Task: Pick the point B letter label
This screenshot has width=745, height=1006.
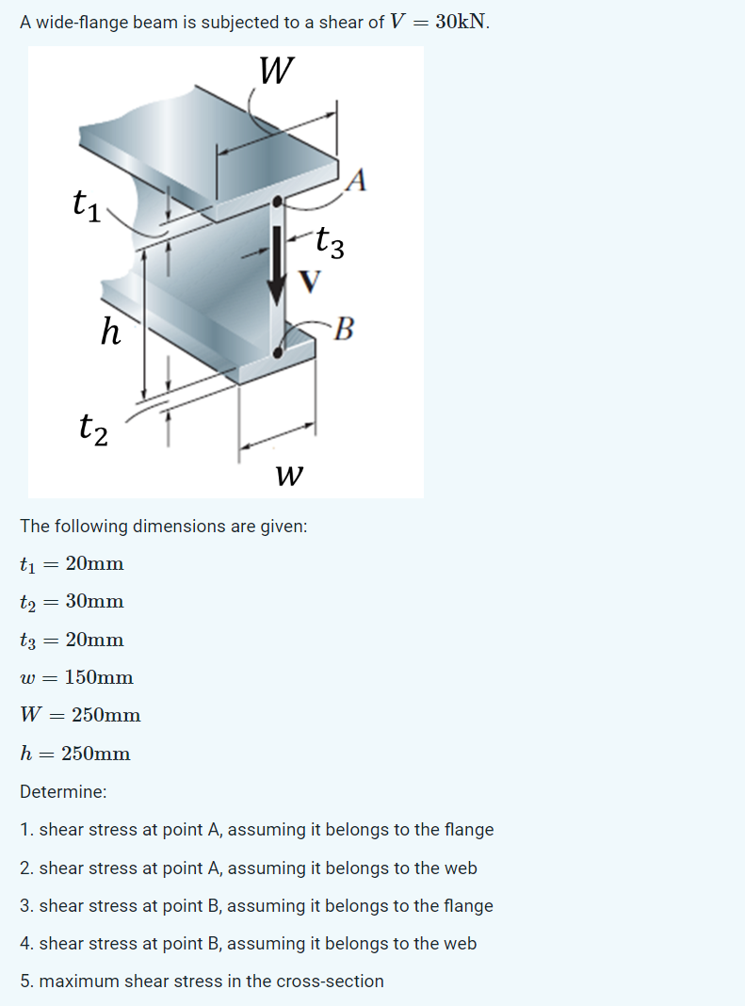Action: tap(344, 330)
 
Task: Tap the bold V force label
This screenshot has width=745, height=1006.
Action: tap(309, 280)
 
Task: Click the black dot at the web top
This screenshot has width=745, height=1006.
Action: tap(277, 202)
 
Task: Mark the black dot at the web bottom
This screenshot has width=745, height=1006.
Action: tap(277, 352)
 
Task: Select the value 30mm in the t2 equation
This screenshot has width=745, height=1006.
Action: tap(94, 601)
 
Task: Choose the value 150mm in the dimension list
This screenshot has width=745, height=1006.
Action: tap(99, 677)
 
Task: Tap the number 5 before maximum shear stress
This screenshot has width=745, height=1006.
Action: tap(25, 982)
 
